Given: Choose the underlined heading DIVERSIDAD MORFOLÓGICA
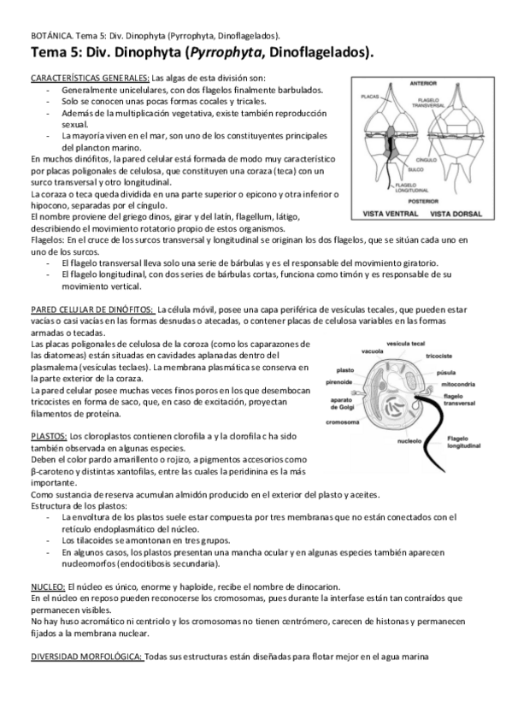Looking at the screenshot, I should pyautogui.click(x=86, y=656).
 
